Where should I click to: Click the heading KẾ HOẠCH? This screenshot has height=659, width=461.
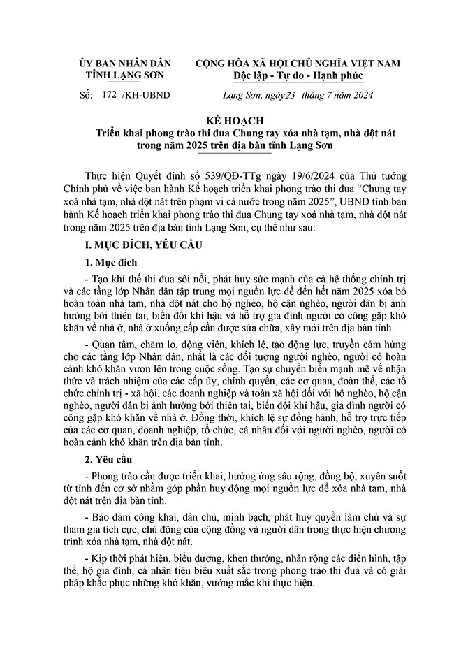pos(230,120)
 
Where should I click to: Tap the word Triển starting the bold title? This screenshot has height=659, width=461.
pos(112,133)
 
